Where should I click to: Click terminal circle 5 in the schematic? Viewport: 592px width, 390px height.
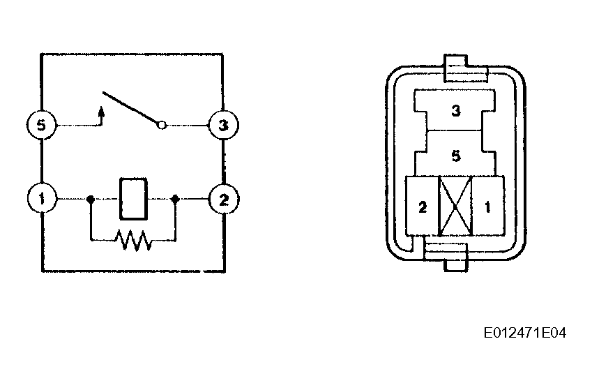pos(42,126)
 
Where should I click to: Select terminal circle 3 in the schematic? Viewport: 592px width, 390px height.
pos(223,126)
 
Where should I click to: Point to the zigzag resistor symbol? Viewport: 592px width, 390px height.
pos(133,241)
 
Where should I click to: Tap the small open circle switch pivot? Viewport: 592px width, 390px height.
pos(162,126)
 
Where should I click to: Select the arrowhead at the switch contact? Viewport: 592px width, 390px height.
pos(103,110)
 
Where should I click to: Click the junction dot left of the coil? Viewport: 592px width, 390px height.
pos(91,199)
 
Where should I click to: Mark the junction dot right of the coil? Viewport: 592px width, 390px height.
pos(175,199)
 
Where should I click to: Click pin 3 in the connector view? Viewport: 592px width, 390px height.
pos(455,110)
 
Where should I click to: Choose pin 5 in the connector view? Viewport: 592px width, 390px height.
pos(455,155)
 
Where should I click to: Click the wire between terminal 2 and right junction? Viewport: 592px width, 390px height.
pos(193,199)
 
